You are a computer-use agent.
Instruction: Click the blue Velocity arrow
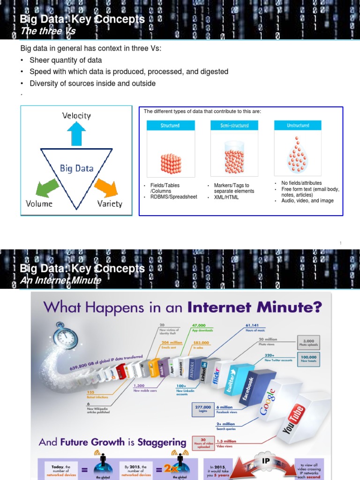coord(76,133)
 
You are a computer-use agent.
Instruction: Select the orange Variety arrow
coord(105,187)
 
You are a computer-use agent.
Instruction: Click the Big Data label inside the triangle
coord(76,168)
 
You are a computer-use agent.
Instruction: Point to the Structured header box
coord(170,126)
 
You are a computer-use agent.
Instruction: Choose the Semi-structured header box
coord(234,126)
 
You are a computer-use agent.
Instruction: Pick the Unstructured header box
coord(298,126)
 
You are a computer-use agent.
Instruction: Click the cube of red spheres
coord(171,163)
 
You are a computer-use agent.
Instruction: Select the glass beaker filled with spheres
coord(234,159)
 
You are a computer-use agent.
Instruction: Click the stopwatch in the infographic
coord(65,336)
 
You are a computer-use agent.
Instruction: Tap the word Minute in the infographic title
coord(288,308)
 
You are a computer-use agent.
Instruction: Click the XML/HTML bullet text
coord(226,197)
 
